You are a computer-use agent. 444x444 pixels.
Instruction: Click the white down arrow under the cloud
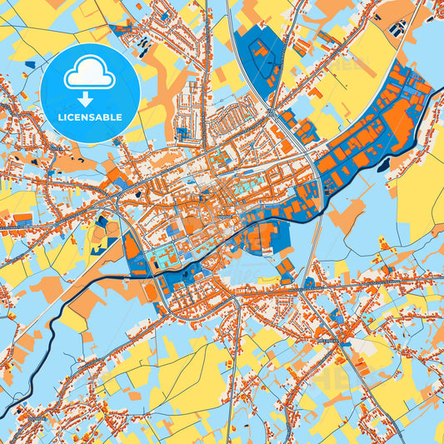(x=86, y=99)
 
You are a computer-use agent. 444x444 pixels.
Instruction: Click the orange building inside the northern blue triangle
(x=261, y=51)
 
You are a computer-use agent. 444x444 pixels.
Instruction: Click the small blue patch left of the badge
(x=30, y=63)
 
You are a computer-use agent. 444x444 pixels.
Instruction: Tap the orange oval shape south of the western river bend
(x=150, y=292)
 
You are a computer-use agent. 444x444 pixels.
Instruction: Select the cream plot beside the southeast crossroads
(x=362, y=346)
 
